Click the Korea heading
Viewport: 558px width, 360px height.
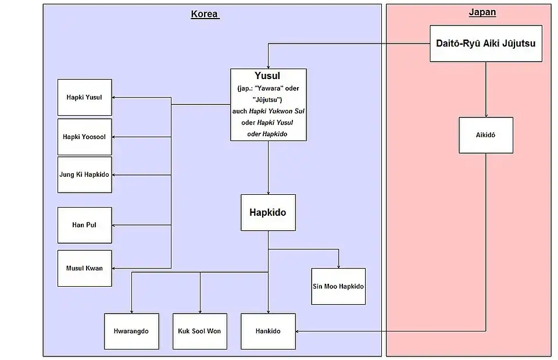pyautogui.click(x=205, y=15)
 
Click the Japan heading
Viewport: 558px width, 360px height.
pyautogui.click(x=482, y=12)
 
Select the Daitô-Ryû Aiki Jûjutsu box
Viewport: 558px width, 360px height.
pyautogui.click(x=485, y=43)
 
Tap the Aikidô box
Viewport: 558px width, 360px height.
pyautogui.click(x=485, y=135)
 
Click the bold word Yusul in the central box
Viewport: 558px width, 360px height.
pyautogui.click(x=267, y=76)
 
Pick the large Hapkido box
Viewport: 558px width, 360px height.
pyautogui.click(x=267, y=212)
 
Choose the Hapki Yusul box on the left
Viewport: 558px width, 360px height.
pyautogui.click(x=84, y=97)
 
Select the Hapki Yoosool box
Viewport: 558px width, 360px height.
pyautogui.click(x=84, y=137)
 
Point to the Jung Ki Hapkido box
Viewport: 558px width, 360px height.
pyautogui.click(x=84, y=174)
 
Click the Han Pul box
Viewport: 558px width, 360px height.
pyautogui.click(x=84, y=224)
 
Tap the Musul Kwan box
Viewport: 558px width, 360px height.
pyautogui.click(x=84, y=268)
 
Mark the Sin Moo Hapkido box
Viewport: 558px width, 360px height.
pyautogui.click(x=338, y=286)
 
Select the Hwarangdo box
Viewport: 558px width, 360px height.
pyautogui.click(x=131, y=331)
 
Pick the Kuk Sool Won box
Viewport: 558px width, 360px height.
pyautogui.click(x=199, y=331)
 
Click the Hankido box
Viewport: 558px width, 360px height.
pyautogui.click(x=268, y=331)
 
